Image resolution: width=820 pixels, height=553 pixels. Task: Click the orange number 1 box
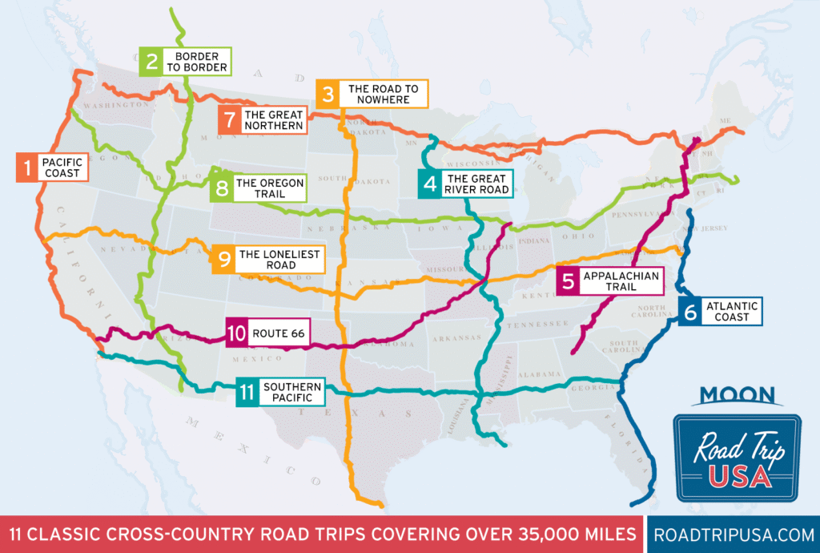pyautogui.click(x=27, y=168)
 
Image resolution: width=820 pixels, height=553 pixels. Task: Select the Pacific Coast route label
pyautogui.click(x=61, y=168)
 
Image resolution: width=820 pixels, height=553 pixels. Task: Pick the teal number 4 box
pyautogui.click(x=430, y=184)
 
